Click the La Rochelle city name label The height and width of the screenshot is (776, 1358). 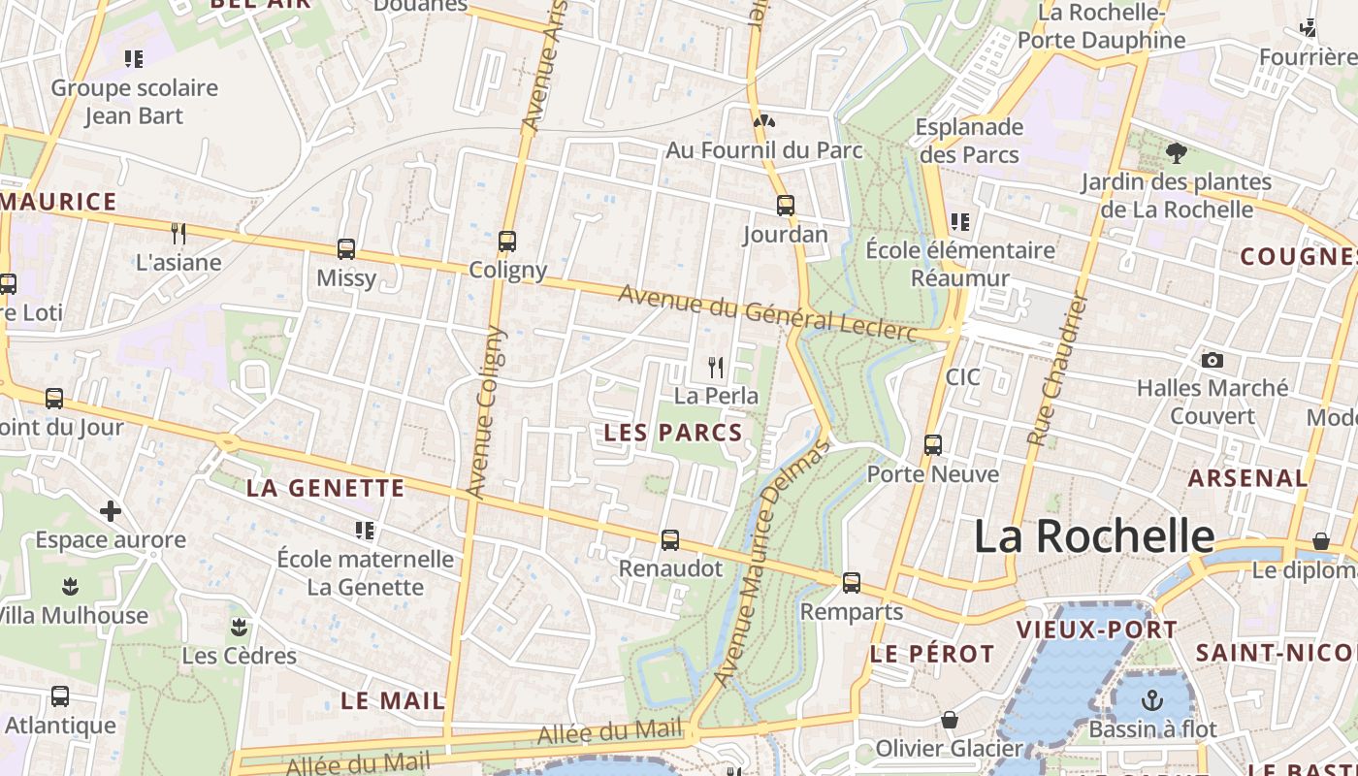(1093, 536)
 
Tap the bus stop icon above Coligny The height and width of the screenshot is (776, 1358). (506, 241)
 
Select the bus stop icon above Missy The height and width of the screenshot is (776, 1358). (346, 248)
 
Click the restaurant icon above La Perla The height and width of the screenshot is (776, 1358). (716, 367)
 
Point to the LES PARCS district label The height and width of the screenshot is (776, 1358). (673, 433)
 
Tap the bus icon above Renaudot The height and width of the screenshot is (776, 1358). (669, 540)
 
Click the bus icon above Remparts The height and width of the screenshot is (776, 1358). (851, 582)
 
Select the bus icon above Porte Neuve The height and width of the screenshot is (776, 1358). (932, 445)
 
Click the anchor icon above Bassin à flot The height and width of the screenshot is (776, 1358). (1151, 699)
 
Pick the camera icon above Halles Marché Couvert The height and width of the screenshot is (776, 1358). (1212, 360)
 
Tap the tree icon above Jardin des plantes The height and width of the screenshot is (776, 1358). (1176, 152)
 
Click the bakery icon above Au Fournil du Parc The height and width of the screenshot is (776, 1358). (763, 122)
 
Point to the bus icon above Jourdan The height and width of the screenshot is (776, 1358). (785, 206)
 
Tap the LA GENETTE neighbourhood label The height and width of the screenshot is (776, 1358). (325, 488)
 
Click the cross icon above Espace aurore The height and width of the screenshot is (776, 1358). (111, 510)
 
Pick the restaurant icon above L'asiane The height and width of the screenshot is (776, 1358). (178, 233)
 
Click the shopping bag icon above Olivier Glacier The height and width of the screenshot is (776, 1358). (949, 720)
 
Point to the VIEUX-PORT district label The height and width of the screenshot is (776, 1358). (1096, 630)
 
